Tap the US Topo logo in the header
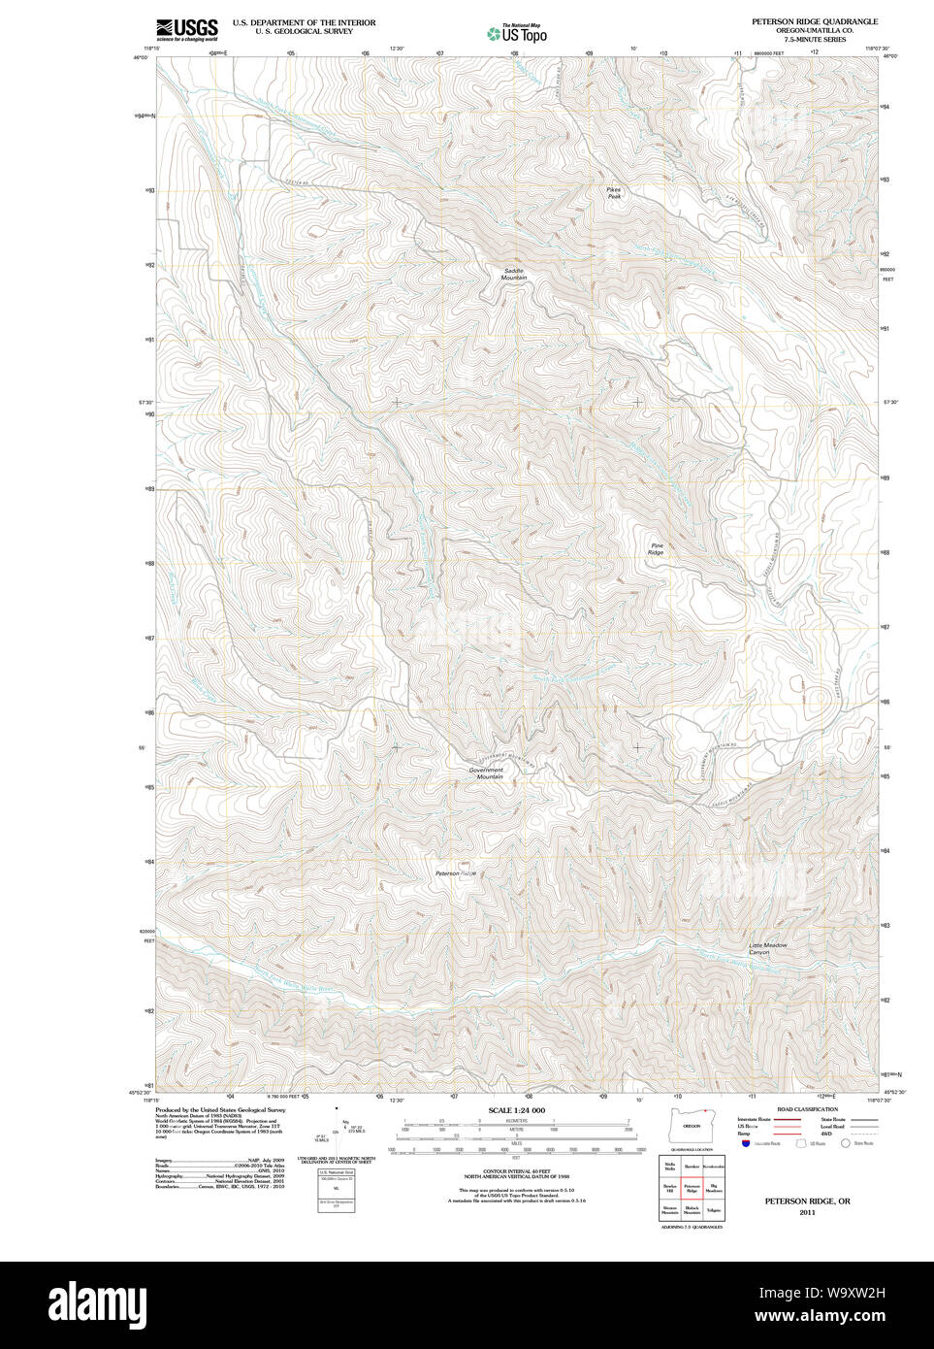click(x=517, y=34)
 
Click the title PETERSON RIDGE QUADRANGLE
click(x=814, y=21)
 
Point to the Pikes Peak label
click(x=614, y=193)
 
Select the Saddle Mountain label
click(x=514, y=274)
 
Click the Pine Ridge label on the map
click(x=658, y=548)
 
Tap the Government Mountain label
click(x=487, y=773)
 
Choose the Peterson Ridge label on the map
click(x=456, y=873)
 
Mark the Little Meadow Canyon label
click(x=767, y=948)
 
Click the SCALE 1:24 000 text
click(x=516, y=1110)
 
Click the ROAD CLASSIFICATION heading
click(x=807, y=1109)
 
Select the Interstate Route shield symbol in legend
click(x=746, y=1144)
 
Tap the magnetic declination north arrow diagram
click(x=338, y=1126)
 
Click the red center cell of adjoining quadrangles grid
click(x=692, y=1187)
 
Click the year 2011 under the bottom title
click(x=807, y=1212)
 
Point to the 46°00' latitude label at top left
click(x=141, y=58)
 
